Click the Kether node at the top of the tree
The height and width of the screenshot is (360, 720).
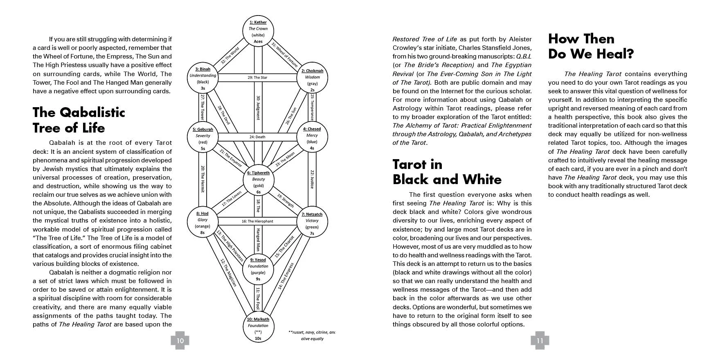point(258,32)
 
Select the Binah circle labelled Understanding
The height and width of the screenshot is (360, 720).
point(203,78)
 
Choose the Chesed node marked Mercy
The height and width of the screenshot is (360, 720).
point(312,138)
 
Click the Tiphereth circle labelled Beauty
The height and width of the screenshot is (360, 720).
point(259,182)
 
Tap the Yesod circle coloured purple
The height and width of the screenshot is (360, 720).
point(258,269)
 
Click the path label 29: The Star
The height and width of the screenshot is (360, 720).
point(258,77)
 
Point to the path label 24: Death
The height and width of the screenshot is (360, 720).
point(258,137)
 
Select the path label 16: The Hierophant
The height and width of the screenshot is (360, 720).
point(257,221)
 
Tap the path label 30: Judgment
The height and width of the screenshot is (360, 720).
point(258,108)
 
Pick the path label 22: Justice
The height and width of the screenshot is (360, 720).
point(312,179)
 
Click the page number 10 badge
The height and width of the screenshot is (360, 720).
point(180,340)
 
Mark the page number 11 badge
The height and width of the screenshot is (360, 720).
point(540,340)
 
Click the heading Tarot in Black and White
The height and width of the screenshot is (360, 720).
point(447,172)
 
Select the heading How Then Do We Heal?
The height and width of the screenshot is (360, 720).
point(591,46)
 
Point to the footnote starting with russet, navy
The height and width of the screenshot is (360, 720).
point(312,335)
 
